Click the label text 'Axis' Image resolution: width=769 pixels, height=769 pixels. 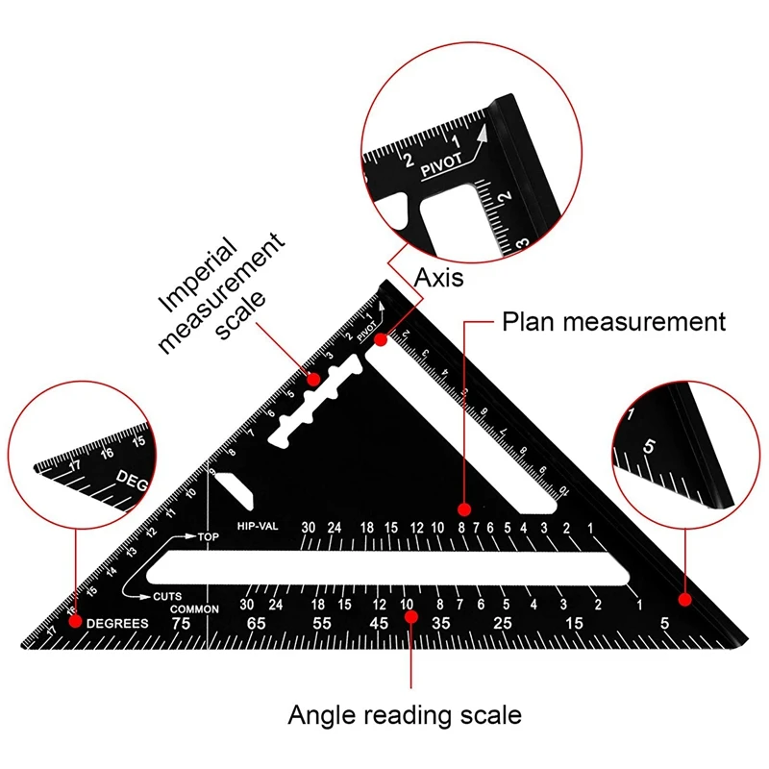click(438, 278)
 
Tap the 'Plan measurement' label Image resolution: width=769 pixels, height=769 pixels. click(614, 322)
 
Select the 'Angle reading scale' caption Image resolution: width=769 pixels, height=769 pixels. click(405, 715)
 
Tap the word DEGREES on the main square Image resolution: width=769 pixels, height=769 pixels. click(117, 623)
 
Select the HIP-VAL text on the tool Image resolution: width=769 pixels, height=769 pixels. click(257, 527)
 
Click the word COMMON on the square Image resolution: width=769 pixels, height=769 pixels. click(195, 609)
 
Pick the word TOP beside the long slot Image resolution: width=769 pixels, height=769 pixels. click(209, 536)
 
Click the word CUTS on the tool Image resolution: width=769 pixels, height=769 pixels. click(168, 596)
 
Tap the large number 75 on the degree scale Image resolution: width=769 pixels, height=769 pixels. click(180, 623)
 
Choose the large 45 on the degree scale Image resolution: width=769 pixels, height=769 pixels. click(379, 625)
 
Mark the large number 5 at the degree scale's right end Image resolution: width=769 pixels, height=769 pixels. click(664, 625)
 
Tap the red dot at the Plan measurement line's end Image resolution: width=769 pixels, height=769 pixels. click(463, 509)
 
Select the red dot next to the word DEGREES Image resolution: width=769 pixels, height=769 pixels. click(74, 623)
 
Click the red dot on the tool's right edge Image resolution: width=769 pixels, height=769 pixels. click(684, 600)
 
